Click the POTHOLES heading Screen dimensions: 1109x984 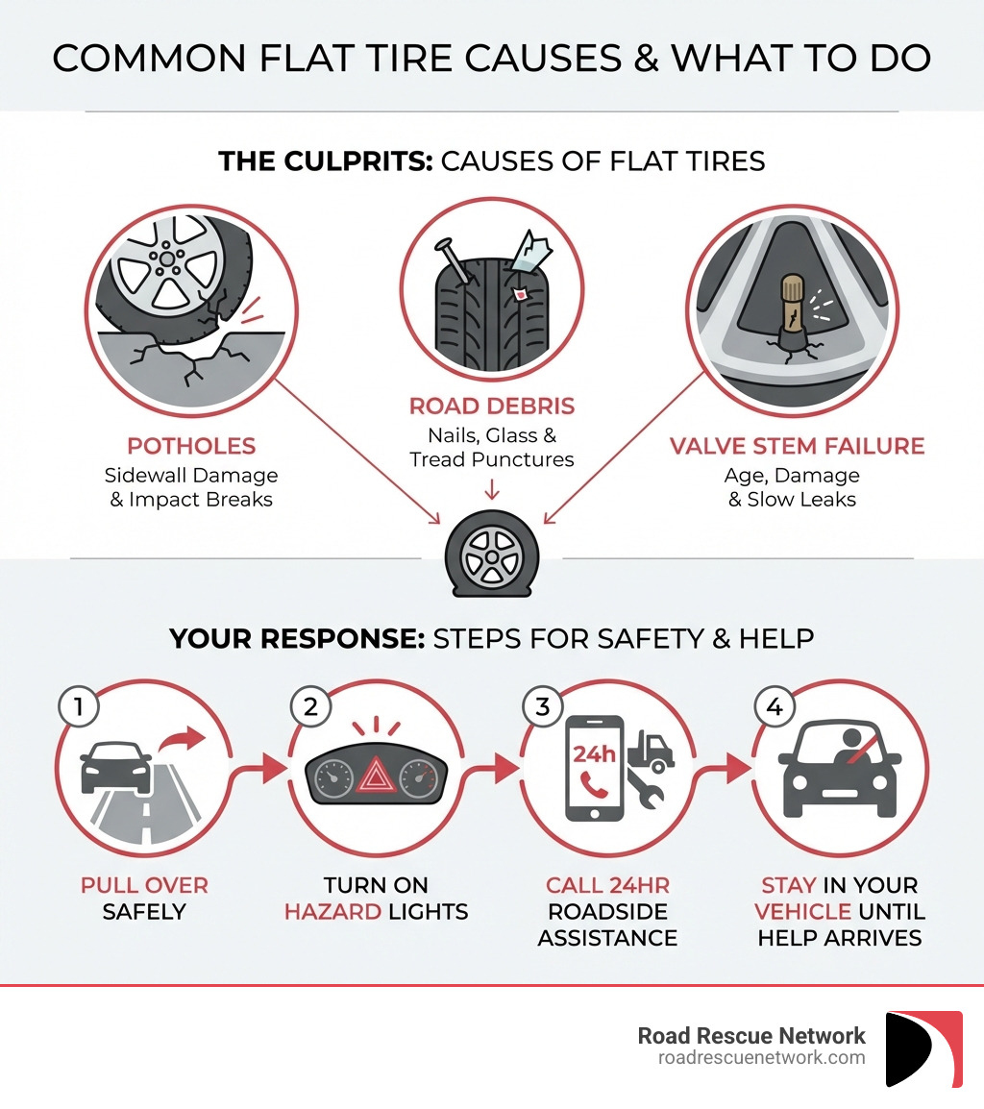(191, 446)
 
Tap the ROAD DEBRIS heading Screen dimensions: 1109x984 (491, 406)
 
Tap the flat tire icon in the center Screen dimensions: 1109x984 (491, 554)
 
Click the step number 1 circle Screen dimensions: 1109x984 (78, 707)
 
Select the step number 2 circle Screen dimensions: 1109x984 (309, 707)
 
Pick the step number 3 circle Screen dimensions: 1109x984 (541, 707)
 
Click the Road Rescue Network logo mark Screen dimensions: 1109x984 (923, 1048)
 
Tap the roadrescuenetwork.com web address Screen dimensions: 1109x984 (761, 1058)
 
